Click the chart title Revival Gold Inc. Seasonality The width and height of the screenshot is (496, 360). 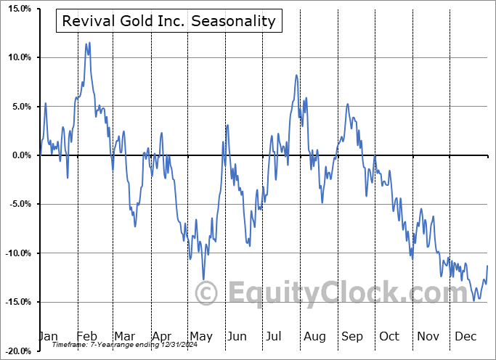click(169, 21)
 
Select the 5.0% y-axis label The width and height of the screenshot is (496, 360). click(18, 107)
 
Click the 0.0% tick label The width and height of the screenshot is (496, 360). click(18, 155)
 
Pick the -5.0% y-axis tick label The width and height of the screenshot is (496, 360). click(17, 204)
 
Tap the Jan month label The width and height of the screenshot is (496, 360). click(48, 336)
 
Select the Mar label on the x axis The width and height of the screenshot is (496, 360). click(126, 336)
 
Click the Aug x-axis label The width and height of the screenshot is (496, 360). click(314, 336)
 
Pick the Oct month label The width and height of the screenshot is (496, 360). click(389, 336)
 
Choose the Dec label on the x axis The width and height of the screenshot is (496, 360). click(465, 336)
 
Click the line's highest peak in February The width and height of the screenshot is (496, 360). click(89, 43)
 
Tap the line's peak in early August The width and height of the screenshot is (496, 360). click(296, 75)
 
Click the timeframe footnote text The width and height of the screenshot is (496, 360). click(118, 345)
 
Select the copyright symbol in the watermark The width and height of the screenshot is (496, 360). click(208, 293)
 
